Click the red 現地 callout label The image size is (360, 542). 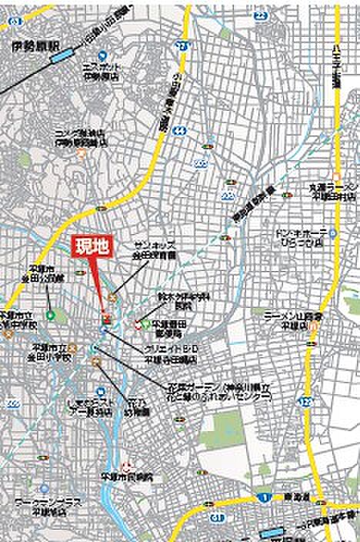point(94,246)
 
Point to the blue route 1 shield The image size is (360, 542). point(264,497)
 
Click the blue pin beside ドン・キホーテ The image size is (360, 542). point(333,233)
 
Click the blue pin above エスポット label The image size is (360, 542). point(98,55)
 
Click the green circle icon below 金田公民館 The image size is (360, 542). point(50,313)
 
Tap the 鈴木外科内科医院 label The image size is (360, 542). point(175,300)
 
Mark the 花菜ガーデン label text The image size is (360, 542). point(204,390)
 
